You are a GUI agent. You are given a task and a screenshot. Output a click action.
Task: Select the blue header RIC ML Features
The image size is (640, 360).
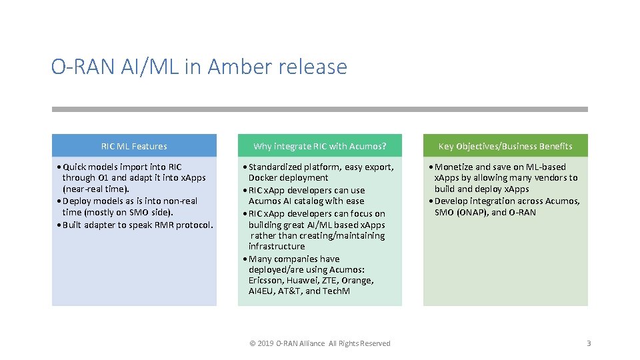click(x=134, y=146)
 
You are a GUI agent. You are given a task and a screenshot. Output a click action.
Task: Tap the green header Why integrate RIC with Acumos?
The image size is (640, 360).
click(x=320, y=146)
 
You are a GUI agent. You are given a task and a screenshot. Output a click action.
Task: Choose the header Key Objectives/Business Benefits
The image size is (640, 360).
click(x=505, y=146)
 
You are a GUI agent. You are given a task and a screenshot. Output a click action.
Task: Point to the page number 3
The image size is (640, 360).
click(x=589, y=343)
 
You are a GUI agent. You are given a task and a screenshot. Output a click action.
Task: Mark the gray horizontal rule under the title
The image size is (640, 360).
click(x=320, y=109)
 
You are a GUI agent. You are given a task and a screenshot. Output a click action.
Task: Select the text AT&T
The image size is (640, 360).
click(x=291, y=291)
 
